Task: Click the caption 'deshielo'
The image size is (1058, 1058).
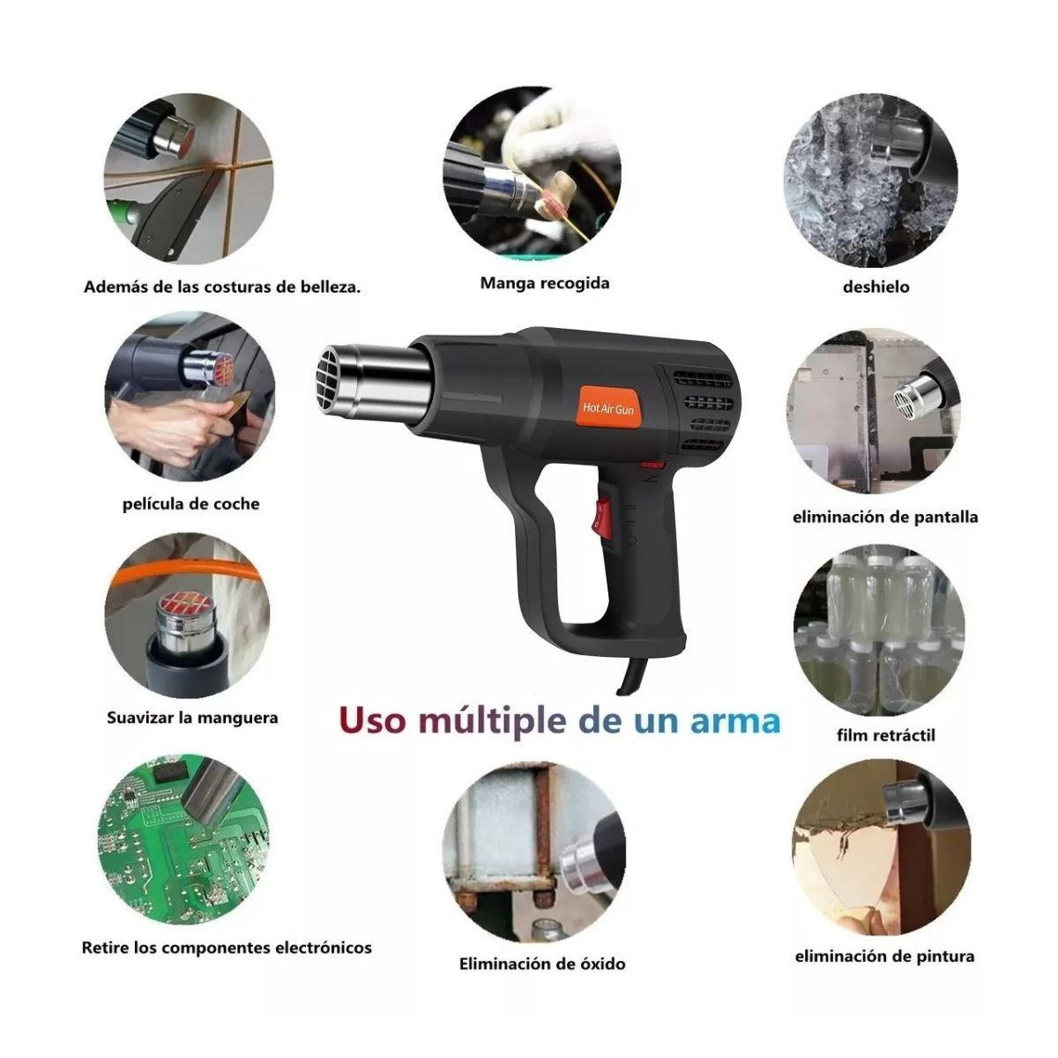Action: [x=875, y=287]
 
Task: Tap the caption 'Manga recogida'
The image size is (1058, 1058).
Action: [x=544, y=283]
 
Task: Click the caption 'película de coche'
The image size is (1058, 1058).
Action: [x=190, y=504]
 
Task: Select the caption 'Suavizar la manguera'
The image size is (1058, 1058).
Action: [x=192, y=718]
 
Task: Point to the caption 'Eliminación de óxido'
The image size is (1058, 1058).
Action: [x=542, y=964]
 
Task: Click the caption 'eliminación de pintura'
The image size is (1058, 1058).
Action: [x=884, y=957]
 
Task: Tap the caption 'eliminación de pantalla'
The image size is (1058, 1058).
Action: [x=884, y=517]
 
